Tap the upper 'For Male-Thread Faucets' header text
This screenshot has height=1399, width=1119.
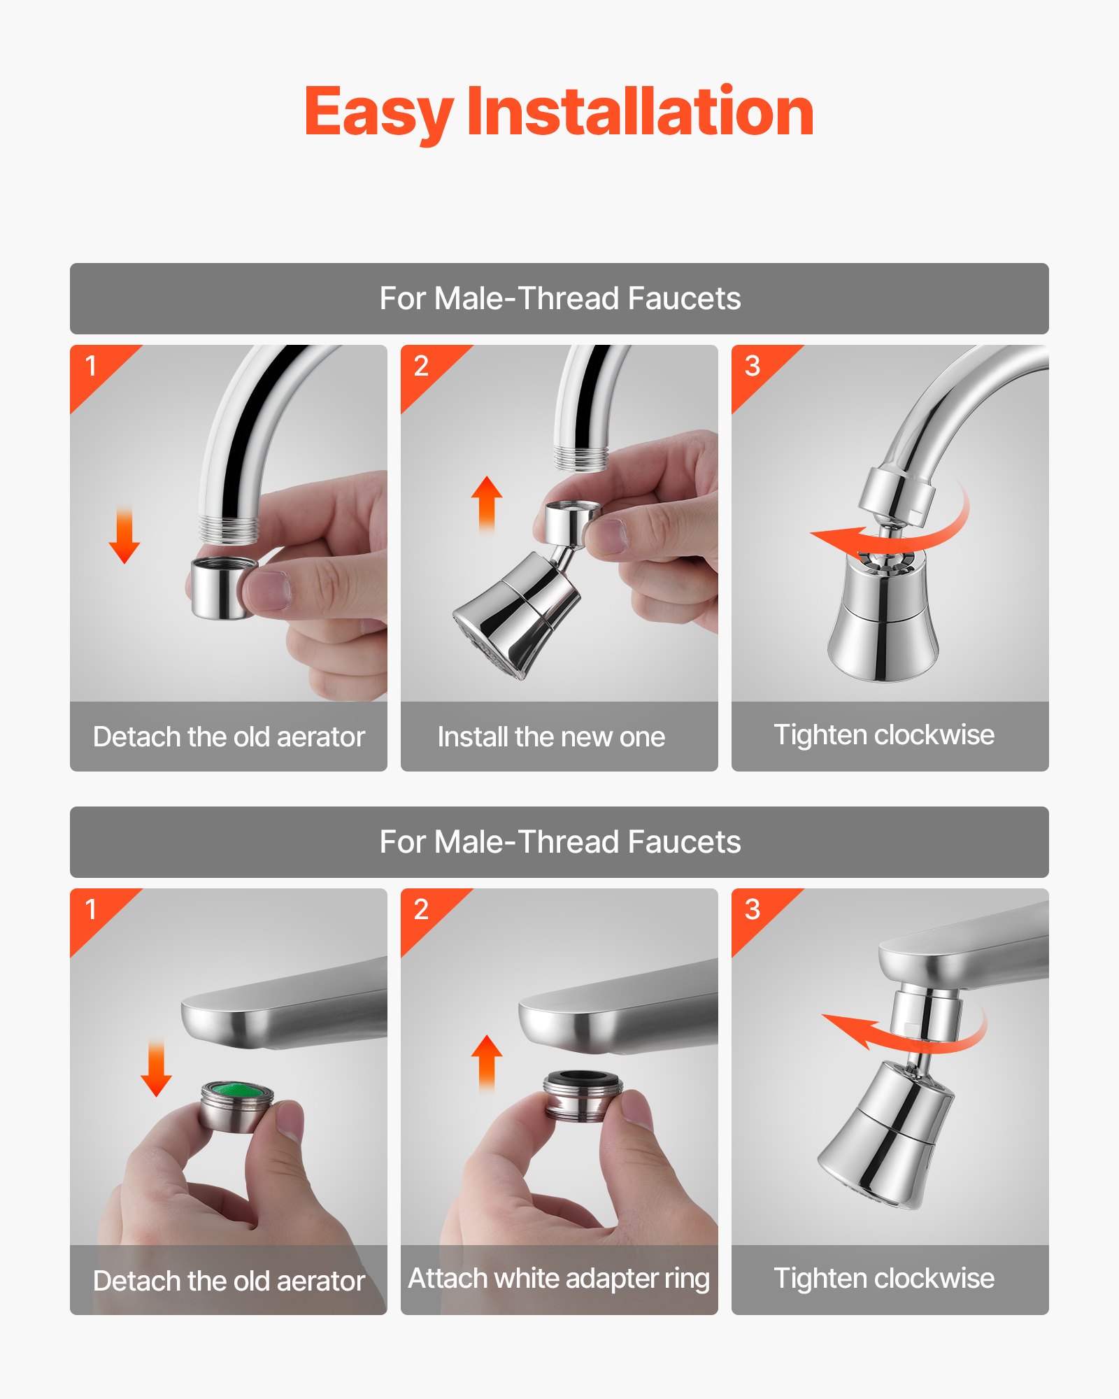tap(559, 299)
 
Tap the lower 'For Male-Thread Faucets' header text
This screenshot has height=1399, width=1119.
tap(559, 842)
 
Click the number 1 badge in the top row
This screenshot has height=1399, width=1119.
tap(91, 366)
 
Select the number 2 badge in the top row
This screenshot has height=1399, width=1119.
tap(421, 366)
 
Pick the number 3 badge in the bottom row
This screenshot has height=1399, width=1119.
tap(752, 909)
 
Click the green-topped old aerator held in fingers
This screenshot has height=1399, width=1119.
tap(236, 1105)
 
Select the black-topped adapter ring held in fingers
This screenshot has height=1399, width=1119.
tap(583, 1095)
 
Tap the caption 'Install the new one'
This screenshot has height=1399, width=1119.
tap(551, 737)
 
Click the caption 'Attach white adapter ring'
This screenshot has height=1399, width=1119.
tap(559, 1279)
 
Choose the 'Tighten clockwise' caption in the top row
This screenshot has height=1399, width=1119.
tap(884, 735)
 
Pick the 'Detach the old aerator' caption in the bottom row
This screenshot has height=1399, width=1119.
tap(229, 1281)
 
